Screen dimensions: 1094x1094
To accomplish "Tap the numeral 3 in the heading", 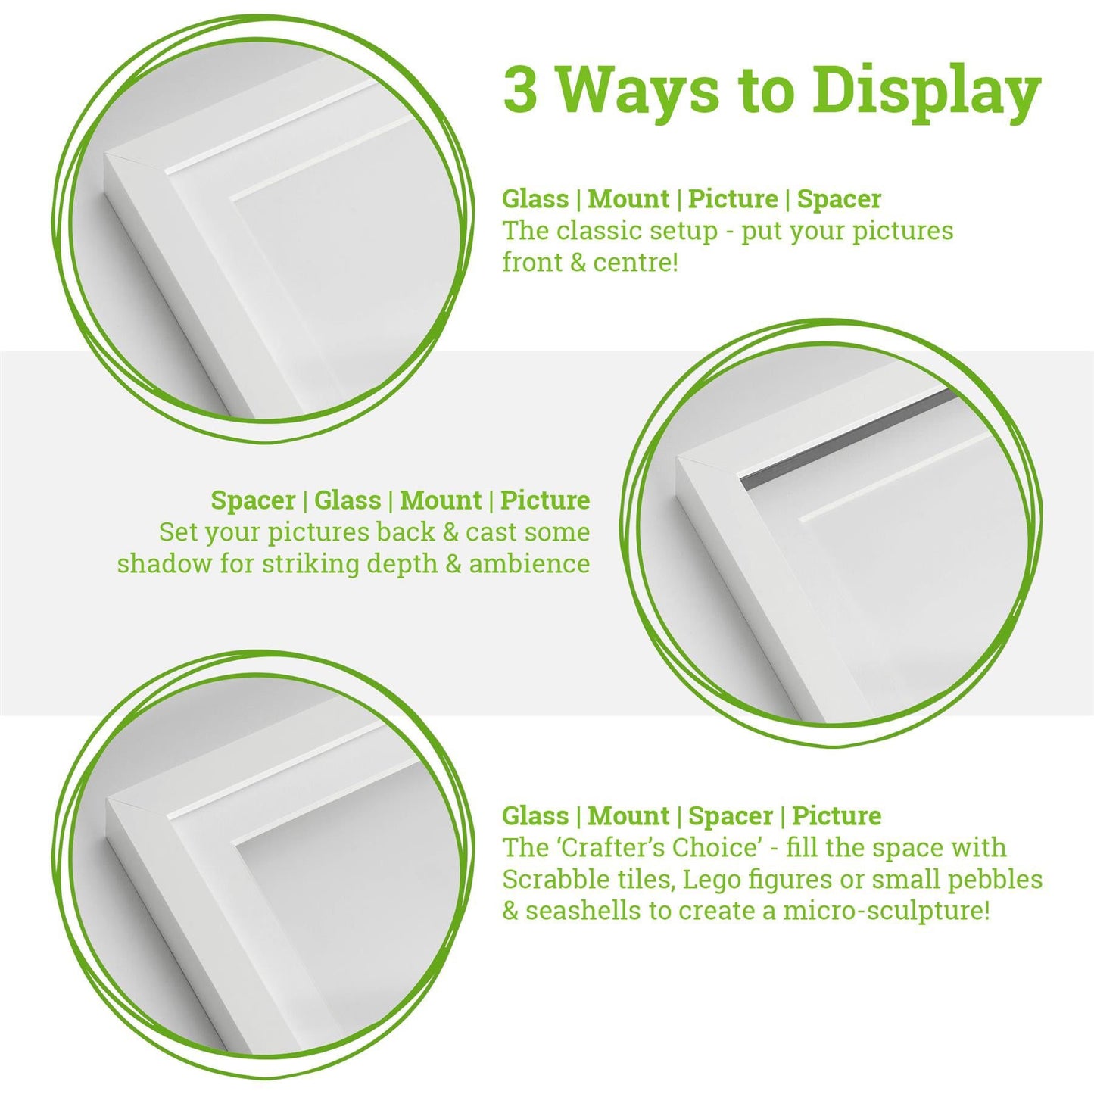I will click(520, 89).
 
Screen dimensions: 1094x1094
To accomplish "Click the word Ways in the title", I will click(638, 89).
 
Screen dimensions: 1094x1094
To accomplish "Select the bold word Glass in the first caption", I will click(535, 199).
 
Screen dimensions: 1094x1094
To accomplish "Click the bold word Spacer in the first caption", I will click(839, 199).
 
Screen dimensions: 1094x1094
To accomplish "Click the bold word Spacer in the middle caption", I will click(253, 500).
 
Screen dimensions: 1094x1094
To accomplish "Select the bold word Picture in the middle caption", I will click(545, 500).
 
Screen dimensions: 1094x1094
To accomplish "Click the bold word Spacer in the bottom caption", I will click(731, 816).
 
